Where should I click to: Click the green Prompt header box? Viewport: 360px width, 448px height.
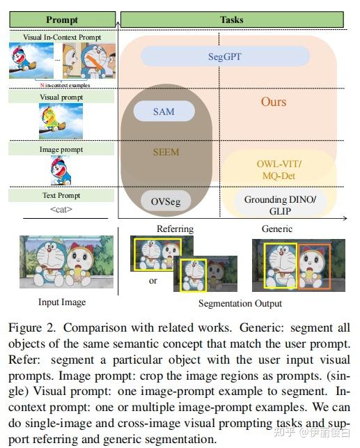[61, 20]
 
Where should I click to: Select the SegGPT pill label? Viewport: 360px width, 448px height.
[225, 56]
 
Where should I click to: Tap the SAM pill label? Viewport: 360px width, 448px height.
[164, 111]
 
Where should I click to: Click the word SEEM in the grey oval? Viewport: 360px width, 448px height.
[166, 153]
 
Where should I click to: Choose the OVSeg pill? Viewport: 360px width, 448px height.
[166, 202]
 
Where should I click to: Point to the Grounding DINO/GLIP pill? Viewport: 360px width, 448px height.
[280, 205]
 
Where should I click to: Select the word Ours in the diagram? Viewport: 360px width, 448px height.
[274, 102]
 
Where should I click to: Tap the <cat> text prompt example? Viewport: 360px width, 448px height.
[61, 210]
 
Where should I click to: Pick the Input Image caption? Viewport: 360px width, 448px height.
[63, 302]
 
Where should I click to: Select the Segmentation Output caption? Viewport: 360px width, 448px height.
[240, 303]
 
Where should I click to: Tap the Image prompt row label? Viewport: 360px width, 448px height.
[61, 149]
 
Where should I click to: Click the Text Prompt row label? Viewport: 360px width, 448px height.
[61, 196]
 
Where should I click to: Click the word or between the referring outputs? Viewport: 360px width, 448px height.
[153, 281]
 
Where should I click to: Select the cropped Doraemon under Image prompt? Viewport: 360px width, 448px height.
[61, 170]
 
